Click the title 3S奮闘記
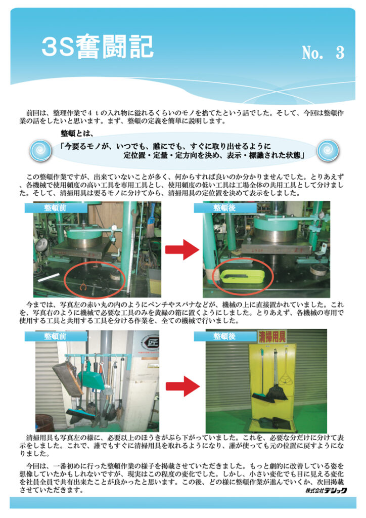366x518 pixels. pyautogui.click(x=98, y=47)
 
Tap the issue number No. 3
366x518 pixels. pyautogui.click(x=323, y=53)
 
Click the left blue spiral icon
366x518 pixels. pyautogui.click(x=40, y=150)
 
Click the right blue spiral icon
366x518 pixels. pyautogui.click(x=328, y=150)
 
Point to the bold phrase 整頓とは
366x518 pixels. pyautogui.click(x=77, y=134)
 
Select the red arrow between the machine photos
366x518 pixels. pyautogui.click(x=182, y=250)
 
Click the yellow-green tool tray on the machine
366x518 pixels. pyautogui.click(x=239, y=277)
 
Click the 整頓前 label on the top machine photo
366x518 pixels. pyautogui.click(x=56, y=208)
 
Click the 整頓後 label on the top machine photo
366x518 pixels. pyautogui.click(x=225, y=208)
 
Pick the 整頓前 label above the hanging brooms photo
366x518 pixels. pyautogui.click(x=56, y=336)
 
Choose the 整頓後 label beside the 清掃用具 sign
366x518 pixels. pyautogui.click(x=225, y=336)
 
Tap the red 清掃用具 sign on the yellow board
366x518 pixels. pyautogui.click(x=272, y=337)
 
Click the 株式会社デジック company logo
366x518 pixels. pyautogui.click(x=326, y=491)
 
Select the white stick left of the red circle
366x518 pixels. pyautogui.click(x=49, y=278)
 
